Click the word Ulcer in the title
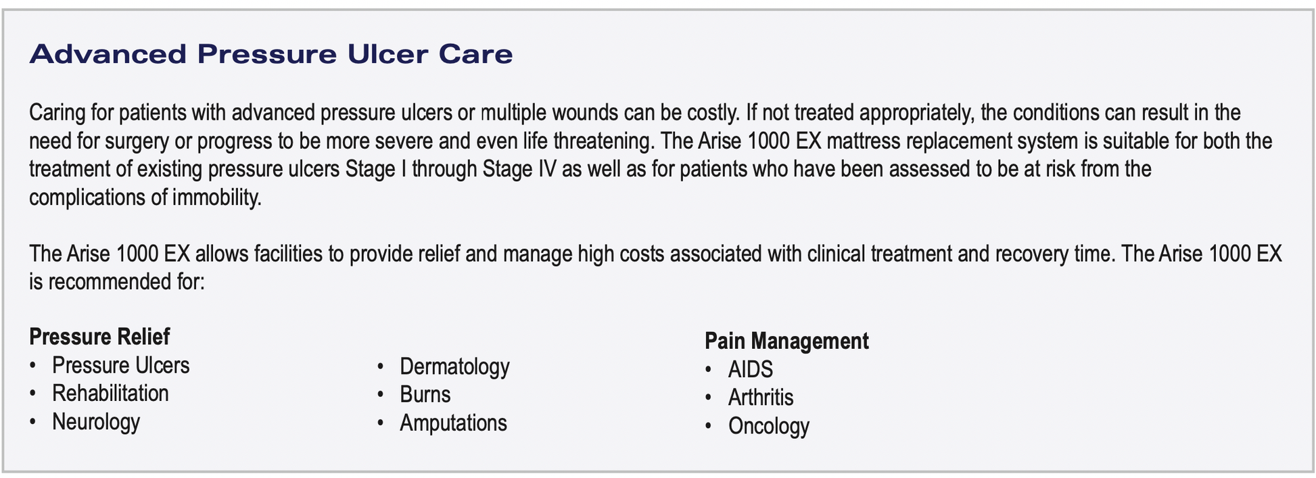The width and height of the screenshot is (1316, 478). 387,54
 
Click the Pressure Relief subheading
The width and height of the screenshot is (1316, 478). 99,336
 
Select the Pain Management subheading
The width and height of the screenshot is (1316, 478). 786,341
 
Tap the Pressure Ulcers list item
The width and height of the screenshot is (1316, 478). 120,365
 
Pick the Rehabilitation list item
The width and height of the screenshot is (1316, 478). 110,393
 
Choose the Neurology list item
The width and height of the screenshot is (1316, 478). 96,422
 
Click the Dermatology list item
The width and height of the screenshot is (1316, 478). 454,366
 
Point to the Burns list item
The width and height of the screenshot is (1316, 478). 425,395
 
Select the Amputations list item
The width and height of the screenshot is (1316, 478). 453,423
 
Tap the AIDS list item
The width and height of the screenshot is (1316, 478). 750,369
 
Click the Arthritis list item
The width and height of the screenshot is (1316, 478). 761,398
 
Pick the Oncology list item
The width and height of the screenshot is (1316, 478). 768,426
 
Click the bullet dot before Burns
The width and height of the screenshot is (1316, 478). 381,396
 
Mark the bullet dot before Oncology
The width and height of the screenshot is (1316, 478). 708,427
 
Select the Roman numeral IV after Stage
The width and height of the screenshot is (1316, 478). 546,169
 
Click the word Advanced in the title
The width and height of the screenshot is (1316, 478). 108,54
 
